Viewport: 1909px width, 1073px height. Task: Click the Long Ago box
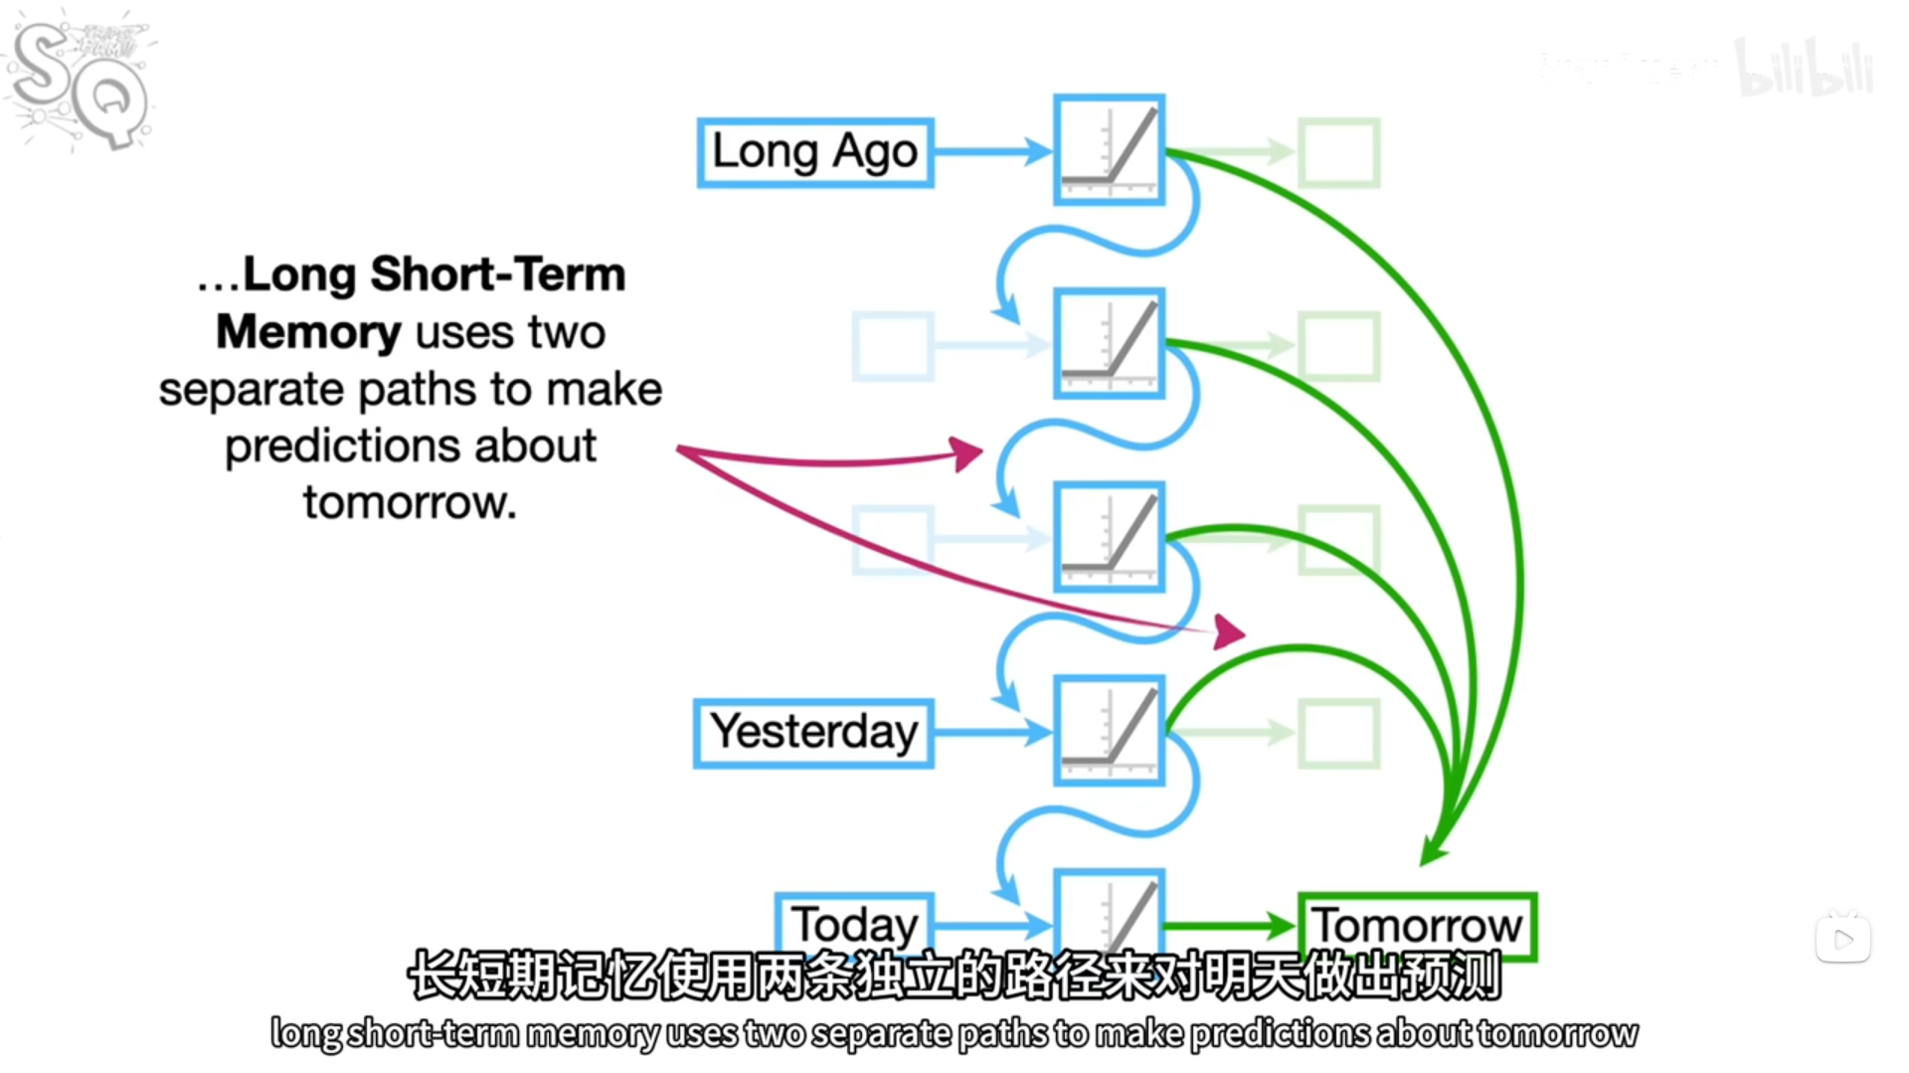tap(815, 152)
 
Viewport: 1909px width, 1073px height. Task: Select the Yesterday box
tap(813, 733)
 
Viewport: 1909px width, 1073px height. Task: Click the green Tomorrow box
tap(1417, 925)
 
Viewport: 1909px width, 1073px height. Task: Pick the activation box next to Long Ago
tap(1109, 150)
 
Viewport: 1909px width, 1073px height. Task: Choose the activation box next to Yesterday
tap(1109, 731)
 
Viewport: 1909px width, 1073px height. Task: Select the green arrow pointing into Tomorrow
tap(1229, 926)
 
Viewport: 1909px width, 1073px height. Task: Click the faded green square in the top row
tap(1339, 152)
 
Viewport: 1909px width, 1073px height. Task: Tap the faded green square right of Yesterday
tap(1339, 733)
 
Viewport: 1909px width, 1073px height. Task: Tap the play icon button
tap(1842, 939)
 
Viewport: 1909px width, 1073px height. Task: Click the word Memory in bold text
tap(308, 332)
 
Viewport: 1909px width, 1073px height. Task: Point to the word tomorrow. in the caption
tap(410, 503)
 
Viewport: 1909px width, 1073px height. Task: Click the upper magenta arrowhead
tap(965, 453)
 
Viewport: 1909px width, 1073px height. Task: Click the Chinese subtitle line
tap(954, 976)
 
